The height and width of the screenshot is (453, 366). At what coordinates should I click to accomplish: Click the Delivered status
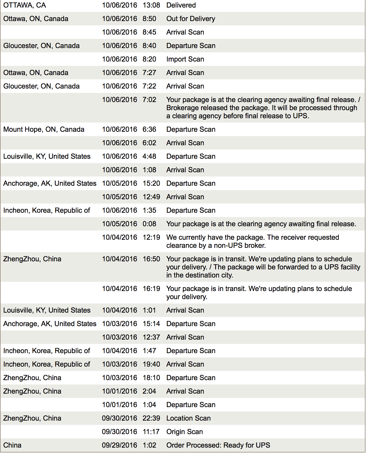[181, 5]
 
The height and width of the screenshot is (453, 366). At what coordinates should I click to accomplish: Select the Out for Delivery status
[191, 19]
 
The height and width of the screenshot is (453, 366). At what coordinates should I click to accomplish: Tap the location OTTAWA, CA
[25, 5]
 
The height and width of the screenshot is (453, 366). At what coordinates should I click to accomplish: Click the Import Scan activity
[185, 59]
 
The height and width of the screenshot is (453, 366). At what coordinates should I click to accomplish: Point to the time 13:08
[151, 5]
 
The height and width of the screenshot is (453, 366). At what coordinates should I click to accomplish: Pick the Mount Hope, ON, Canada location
[44, 130]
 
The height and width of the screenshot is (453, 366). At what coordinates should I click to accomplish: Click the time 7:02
[149, 100]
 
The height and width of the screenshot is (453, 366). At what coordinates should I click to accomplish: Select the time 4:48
[149, 157]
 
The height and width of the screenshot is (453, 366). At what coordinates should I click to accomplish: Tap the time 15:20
[151, 184]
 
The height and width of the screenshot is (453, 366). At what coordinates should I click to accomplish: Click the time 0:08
[149, 224]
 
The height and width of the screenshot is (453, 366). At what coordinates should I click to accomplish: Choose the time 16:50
[151, 259]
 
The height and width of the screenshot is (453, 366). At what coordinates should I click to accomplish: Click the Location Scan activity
[188, 418]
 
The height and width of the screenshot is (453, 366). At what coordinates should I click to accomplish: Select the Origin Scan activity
[184, 432]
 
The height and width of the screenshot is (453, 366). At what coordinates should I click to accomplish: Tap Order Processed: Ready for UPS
[218, 445]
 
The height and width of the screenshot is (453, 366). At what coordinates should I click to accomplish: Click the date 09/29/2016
[119, 445]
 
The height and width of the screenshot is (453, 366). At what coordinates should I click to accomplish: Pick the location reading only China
[12, 445]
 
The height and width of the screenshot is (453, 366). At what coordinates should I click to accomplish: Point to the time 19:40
[151, 364]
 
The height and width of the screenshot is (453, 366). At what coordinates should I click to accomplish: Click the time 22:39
[151, 418]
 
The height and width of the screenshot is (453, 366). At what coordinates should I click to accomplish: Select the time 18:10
[151, 378]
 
